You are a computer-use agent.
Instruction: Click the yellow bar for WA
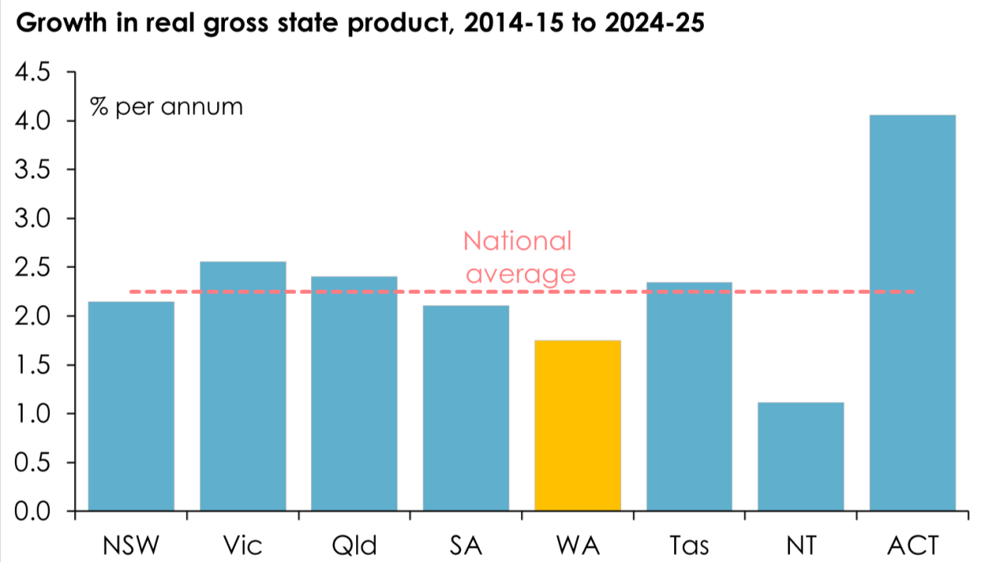[577, 425]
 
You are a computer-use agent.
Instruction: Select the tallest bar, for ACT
[912, 313]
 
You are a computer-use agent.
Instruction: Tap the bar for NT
[801, 456]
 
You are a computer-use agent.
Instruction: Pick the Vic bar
[243, 386]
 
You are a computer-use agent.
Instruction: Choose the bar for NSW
[131, 406]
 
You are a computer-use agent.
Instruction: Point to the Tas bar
[689, 396]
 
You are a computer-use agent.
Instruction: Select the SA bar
[466, 408]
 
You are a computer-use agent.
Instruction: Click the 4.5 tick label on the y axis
[33, 73]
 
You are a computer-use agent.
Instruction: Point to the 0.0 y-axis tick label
[33, 511]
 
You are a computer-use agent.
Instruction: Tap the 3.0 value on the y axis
[33, 219]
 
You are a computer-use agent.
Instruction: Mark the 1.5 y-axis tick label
[33, 365]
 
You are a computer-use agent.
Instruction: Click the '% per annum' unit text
[166, 106]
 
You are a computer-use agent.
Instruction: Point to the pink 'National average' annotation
[518, 257]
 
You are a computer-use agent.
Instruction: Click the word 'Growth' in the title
[52, 23]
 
